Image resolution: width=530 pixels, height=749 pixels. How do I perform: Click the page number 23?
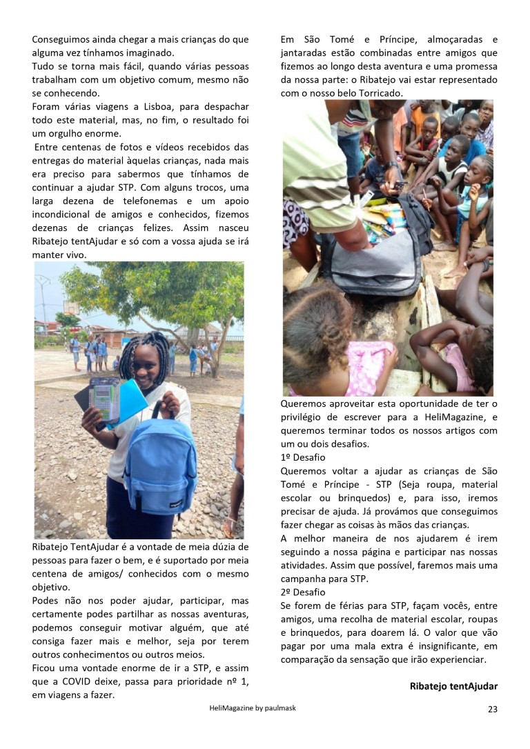coord(492,709)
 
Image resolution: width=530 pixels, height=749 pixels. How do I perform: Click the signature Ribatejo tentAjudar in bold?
coord(453,686)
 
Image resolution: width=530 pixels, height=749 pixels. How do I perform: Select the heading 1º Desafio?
coord(303,457)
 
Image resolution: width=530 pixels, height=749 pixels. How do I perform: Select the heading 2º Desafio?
coord(303,592)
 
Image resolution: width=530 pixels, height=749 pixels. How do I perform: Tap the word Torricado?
coord(380,93)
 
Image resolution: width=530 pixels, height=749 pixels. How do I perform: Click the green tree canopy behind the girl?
coord(159,290)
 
